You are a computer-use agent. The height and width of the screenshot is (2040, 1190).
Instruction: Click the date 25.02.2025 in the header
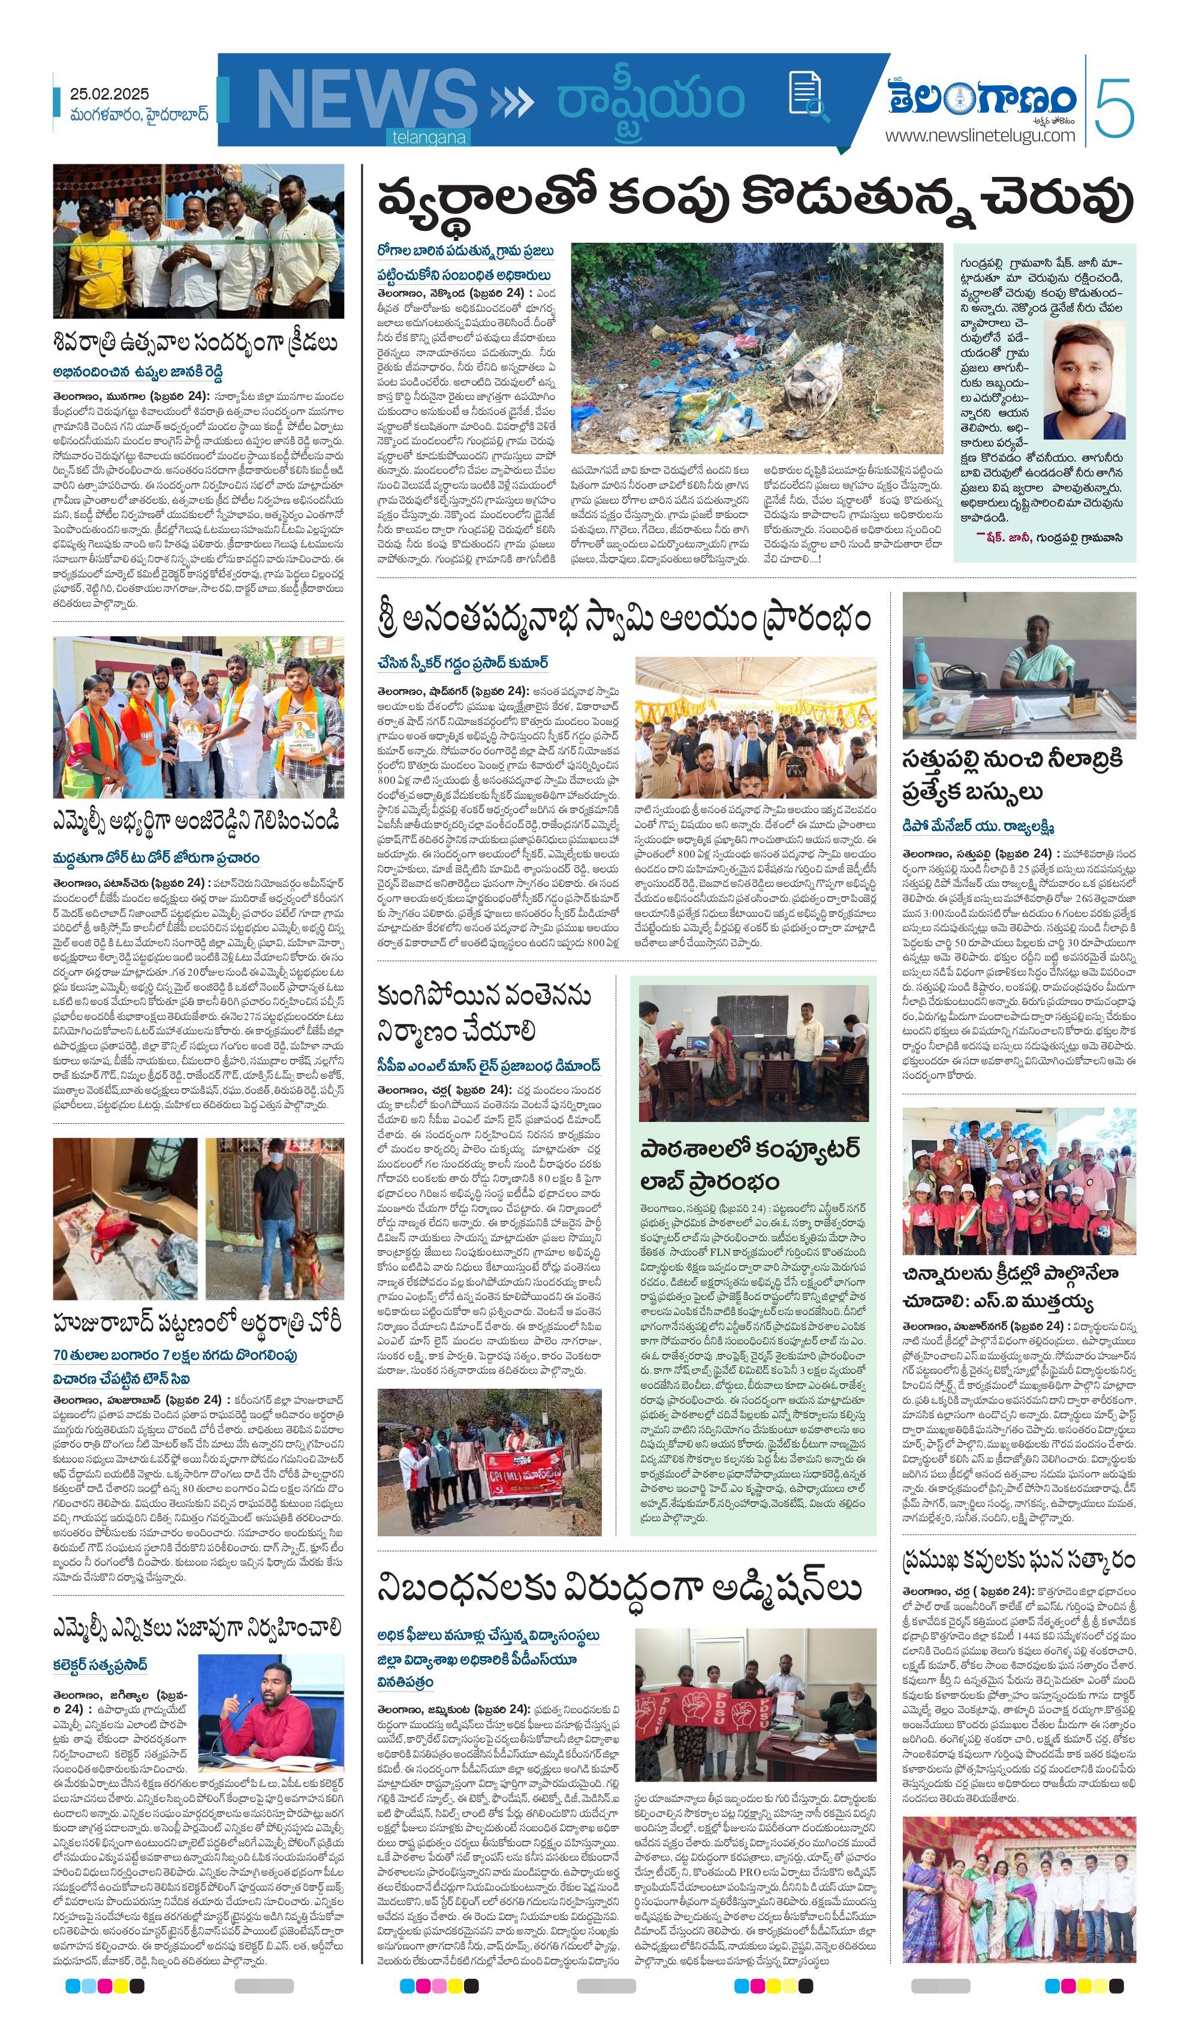click(x=109, y=94)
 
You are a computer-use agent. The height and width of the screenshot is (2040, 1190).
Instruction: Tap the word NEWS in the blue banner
click(x=366, y=99)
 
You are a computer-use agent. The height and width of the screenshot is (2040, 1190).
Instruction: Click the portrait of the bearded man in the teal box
click(x=1084, y=380)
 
